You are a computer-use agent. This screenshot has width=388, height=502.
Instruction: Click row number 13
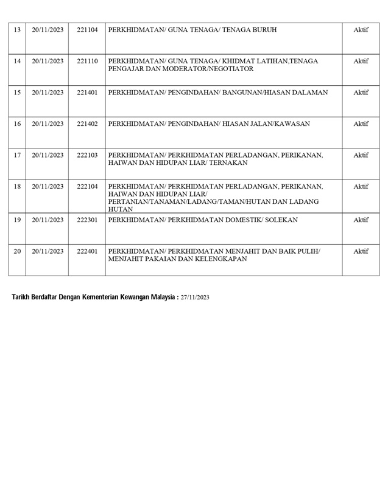[x=17, y=29]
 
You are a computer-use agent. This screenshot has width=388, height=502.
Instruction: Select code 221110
[x=87, y=61]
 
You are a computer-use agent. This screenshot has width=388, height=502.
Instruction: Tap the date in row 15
[x=48, y=92]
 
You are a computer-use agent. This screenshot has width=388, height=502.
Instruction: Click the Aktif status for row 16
[x=361, y=124]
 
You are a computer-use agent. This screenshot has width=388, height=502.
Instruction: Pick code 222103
[x=87, y=155]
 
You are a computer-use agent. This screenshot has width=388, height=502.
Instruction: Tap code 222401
[x=87, y=251]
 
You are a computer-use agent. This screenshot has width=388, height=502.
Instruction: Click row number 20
[x=17, y=251]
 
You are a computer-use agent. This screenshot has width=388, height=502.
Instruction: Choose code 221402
[x=87, y=124]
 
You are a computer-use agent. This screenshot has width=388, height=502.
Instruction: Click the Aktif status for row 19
[x=361, y=220]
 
